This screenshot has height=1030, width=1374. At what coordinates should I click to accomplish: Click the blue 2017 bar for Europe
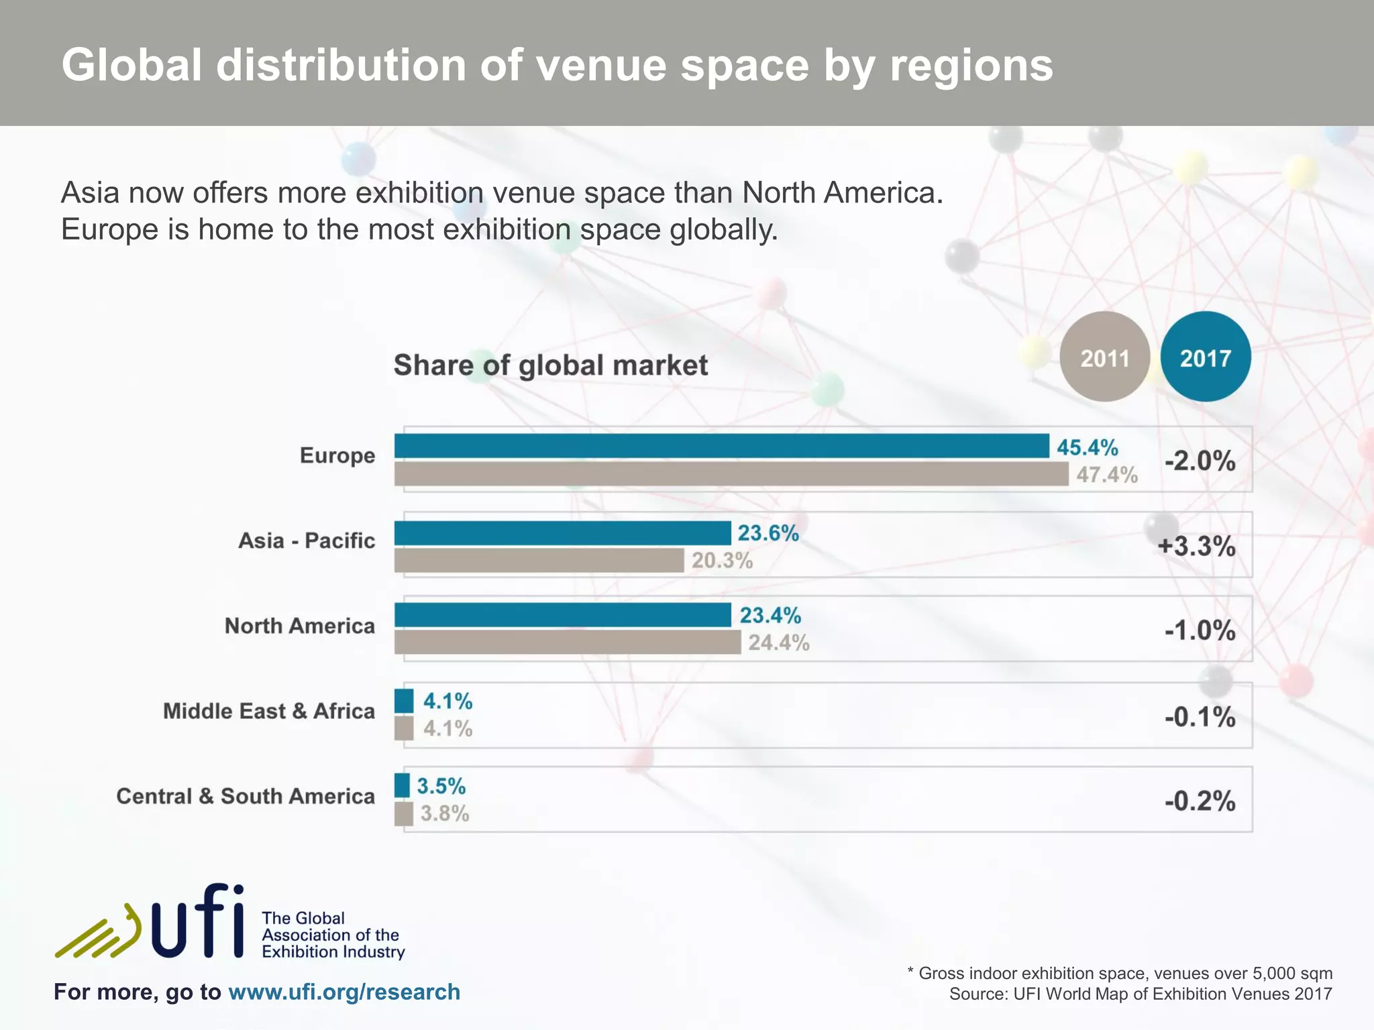721,446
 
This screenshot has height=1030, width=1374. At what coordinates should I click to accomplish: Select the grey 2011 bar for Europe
731,474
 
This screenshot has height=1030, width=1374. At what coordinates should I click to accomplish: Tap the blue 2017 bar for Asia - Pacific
562,533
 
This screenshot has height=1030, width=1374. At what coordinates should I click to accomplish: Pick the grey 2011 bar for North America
567,642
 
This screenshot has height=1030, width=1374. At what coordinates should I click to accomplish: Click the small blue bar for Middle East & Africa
404,701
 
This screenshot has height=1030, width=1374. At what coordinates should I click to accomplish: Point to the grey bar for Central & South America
403,814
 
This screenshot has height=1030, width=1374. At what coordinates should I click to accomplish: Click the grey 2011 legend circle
1105,357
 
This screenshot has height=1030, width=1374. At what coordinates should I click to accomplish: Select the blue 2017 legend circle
1206,357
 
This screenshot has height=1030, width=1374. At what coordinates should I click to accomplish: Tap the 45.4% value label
1088,447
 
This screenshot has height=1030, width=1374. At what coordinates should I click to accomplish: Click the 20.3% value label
723,560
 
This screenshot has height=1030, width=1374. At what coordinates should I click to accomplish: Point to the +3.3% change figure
1196,546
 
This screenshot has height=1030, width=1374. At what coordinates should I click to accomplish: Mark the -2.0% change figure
1200,461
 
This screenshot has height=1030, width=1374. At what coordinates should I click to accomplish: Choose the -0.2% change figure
1200,801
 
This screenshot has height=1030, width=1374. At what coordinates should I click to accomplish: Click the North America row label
299,626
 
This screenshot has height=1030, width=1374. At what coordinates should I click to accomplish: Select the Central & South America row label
246,796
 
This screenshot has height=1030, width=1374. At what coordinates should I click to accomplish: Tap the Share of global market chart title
550,365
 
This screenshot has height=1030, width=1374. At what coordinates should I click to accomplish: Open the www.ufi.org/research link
344,992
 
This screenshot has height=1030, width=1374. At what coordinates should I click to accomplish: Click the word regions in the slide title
971,66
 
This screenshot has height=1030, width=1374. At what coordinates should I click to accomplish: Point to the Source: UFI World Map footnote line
1140,994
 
